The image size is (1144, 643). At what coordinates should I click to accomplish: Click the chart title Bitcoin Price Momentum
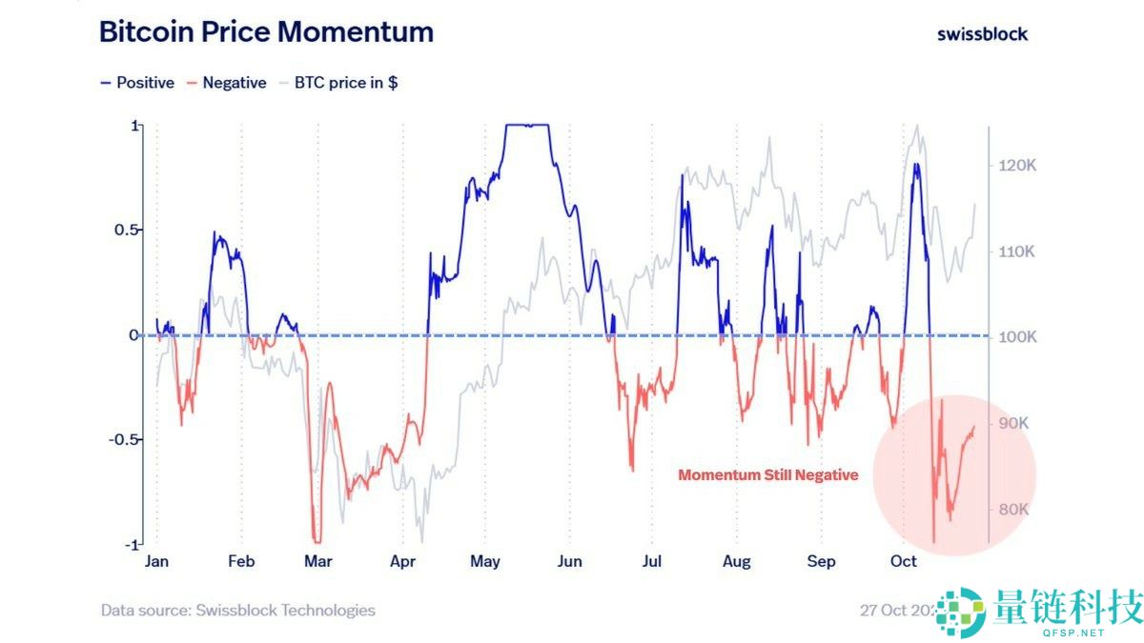click(266, 31)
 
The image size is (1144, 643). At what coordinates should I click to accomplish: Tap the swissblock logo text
click(982, 33)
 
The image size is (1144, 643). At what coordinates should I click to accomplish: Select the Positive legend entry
click(137, 83)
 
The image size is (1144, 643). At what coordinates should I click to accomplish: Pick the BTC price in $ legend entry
click(338, 83)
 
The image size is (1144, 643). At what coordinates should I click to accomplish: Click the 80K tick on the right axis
click(1014, 509)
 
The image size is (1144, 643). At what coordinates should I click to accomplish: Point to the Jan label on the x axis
click(156, 561)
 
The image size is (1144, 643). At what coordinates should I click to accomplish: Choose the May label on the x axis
click(485, 561)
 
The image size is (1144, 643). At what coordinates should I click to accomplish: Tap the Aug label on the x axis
click(736, 561)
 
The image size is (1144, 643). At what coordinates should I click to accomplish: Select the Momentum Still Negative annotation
click(767, 474)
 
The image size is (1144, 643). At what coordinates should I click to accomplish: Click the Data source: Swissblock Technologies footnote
click(238, 610)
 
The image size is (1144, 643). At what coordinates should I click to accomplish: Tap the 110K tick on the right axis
click(1017, 251)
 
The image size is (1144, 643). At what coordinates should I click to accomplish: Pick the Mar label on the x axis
click(318, 561)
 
